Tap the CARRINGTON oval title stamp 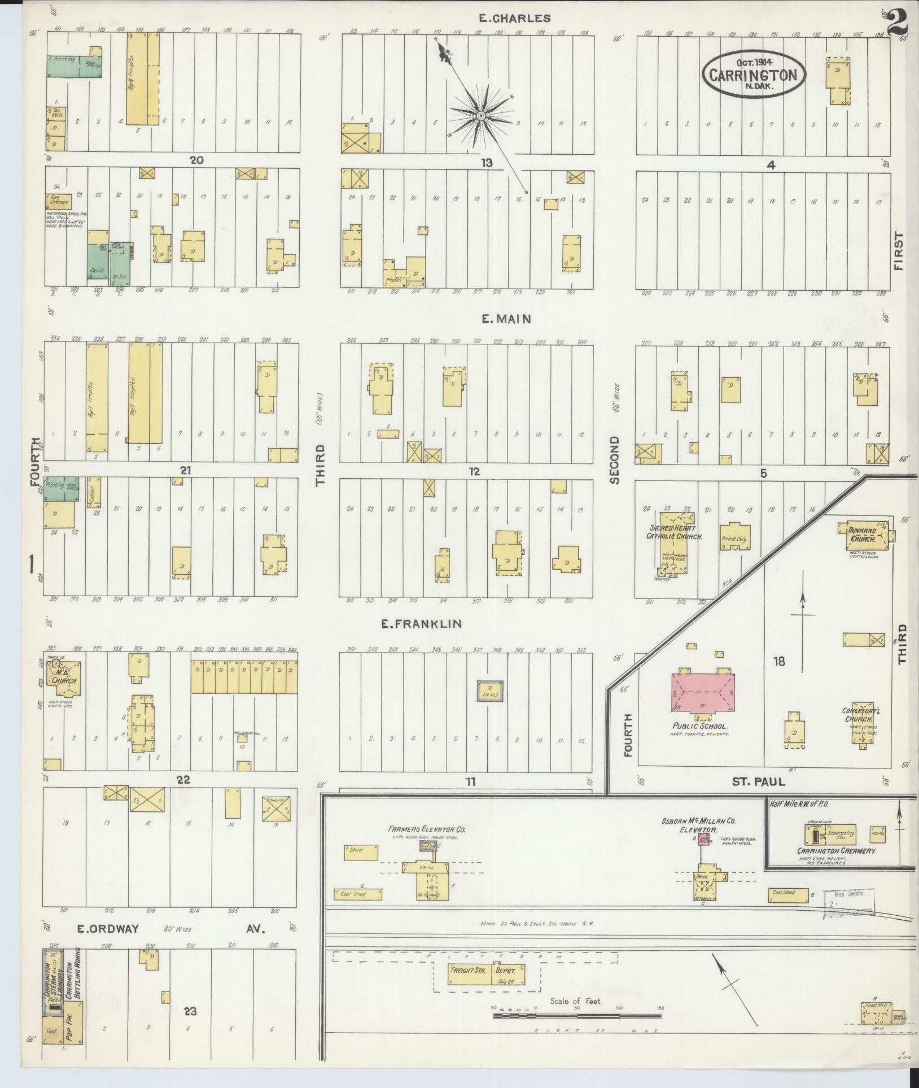754,75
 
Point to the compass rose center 481,116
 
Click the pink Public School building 703,693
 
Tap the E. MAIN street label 506,319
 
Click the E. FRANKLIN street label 421,624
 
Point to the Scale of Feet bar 577,1016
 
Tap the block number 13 486,163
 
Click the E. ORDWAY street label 108,928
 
